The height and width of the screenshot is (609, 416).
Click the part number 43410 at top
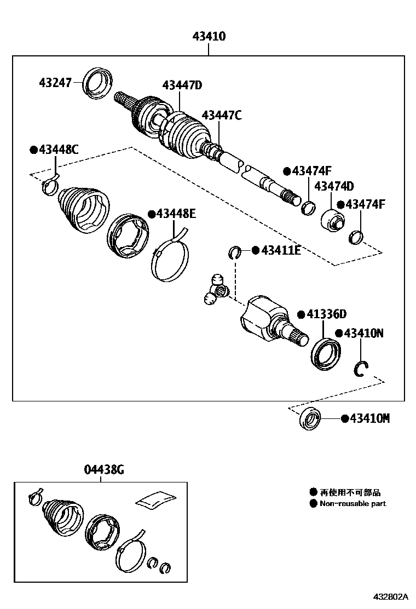(x=209, y=37)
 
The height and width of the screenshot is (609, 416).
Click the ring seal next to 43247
(x=98, y=82)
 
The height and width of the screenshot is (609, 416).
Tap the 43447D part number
(x=182, y=85)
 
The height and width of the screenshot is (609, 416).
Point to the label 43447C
(x=221, y=116)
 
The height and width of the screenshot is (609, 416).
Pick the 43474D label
(x=333, y=186)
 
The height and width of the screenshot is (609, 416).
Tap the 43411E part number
(x=280, y=250)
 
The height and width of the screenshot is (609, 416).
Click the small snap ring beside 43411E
(x=235, y=252)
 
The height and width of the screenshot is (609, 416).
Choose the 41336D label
(x=326, y=314)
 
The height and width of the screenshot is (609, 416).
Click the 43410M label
(x=369, y=418)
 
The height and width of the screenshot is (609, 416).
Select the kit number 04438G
(x=104, y=469)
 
